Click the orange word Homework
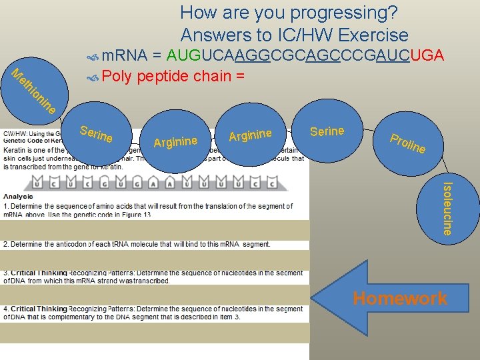tap(400, 299)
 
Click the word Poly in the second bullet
tap(117, 76)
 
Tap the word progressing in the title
tap(321, 12)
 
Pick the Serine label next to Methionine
tap(96, 133)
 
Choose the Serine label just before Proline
tap(327, 131)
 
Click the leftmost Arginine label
tap(175, 141)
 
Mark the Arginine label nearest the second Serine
tap(251, 135)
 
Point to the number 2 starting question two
tap(5, 245)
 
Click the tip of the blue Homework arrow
tap(313, 298)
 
